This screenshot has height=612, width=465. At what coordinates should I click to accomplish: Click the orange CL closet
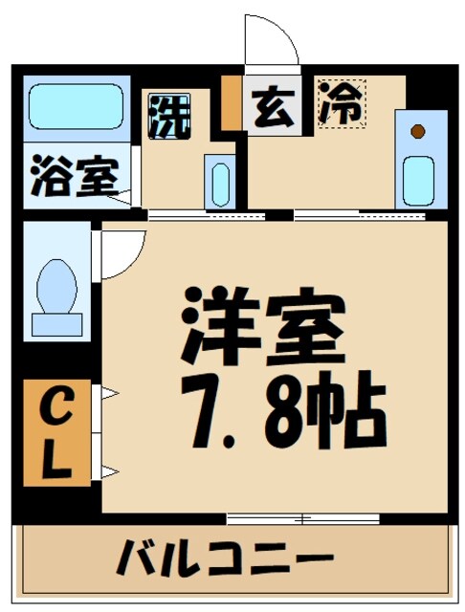click(x=56, y=432)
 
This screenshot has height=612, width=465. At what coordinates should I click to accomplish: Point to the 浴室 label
click(x=74, y=179)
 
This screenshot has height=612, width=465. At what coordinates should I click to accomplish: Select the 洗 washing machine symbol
click(x=168, y=116)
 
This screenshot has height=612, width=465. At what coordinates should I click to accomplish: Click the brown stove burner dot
click(x=417, y=130)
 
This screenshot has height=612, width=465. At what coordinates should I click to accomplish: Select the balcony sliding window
click(x=302, y=519)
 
